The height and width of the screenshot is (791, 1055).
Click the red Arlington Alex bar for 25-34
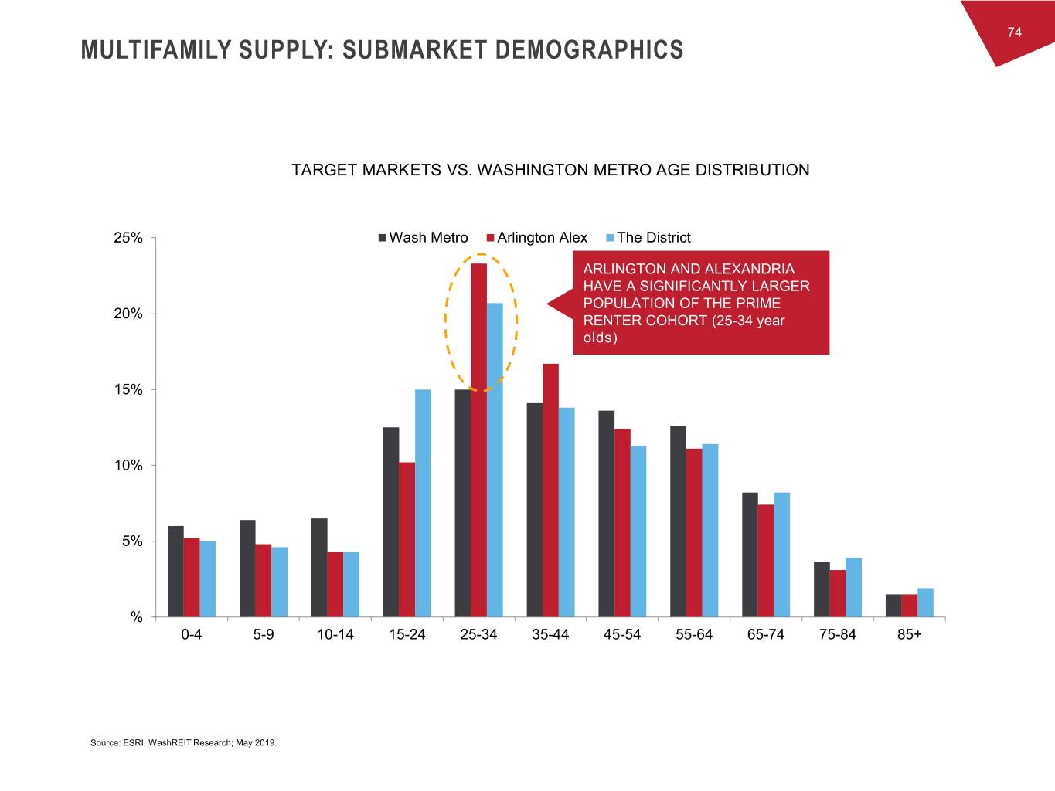[x=478, y=440]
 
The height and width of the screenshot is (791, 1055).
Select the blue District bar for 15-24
[x=423, y=503]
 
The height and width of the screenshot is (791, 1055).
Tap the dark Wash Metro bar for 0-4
[x=175, y=572]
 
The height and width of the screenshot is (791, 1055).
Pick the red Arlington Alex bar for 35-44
[x=550, y=490]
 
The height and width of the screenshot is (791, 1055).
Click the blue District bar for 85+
[x=925, y=603]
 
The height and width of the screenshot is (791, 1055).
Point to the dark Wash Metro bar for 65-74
[x=750, y=555]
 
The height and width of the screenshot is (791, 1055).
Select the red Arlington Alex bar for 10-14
[x=335, y=584]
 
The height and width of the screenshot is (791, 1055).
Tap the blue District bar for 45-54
[x=638, y=531]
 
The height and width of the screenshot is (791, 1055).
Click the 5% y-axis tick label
[x=132, y=541]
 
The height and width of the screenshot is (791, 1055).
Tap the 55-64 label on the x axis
[x=694, y=635]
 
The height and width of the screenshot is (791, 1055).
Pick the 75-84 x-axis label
[x=838, y=635]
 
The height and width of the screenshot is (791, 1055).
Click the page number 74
[x=1015, y=32]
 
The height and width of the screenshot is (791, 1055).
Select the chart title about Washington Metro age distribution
[x=550, y=170]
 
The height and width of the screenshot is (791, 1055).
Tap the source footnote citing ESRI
[x=183, y=743]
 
